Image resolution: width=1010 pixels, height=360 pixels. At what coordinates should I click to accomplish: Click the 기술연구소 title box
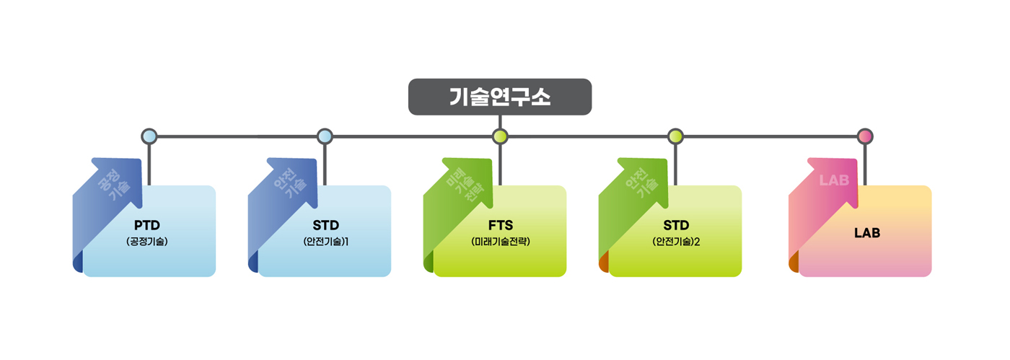click(500, 97)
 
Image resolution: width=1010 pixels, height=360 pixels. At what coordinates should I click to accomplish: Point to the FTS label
click(500, 224)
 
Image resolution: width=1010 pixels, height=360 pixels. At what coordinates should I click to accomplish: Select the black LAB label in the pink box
click(866, 232)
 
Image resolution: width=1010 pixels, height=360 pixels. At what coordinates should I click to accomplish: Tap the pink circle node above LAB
click(865, 136)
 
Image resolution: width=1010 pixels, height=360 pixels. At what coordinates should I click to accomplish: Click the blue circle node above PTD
click(149, 136)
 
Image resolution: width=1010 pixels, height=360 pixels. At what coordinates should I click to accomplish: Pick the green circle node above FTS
click(500, 136)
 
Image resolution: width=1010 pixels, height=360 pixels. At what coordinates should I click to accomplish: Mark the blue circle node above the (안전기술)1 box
click(325, 136)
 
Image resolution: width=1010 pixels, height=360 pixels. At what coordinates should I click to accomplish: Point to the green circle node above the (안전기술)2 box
click(675, 136)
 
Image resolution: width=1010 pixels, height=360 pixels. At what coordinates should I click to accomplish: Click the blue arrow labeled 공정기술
click(112, 188)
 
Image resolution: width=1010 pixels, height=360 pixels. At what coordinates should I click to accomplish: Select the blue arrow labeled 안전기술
click(287, 188)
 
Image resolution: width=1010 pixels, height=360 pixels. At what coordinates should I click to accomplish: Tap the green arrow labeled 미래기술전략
click(462, 188)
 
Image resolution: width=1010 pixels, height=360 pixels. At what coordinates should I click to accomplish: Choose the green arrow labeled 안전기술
click(638, 188)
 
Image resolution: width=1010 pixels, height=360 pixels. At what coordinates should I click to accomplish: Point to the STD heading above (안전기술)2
click(676, 224)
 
